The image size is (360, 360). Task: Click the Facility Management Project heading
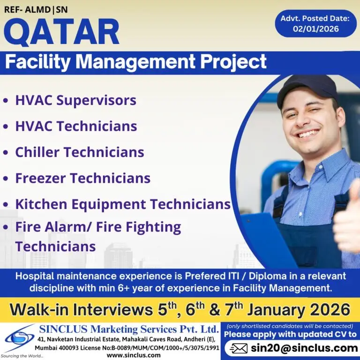[x=136, y=62]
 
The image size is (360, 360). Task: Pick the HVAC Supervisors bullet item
[x=75, y=100]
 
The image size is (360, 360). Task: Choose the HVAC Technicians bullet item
[x=76, y=126]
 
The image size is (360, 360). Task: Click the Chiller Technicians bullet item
[x=79, y=152]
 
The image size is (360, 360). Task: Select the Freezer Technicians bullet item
[x=82, y=178]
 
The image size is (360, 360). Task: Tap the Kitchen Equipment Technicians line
[x=123, y=204]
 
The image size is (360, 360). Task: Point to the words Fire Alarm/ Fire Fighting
[x=98, y=227]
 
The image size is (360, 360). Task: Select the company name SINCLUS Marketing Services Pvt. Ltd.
[x=128, y=328]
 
